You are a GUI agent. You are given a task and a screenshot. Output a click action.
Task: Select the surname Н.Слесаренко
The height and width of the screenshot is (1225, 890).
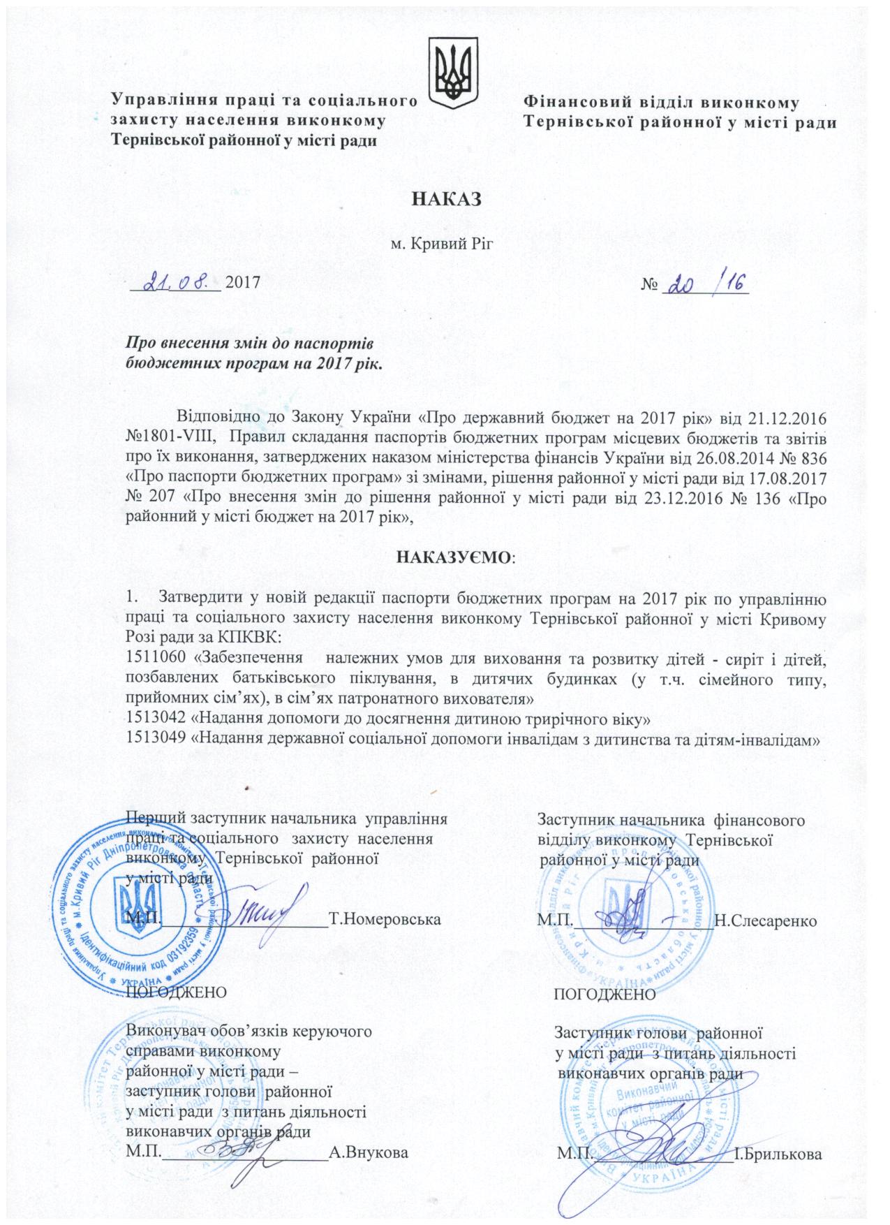click(766, 920)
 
